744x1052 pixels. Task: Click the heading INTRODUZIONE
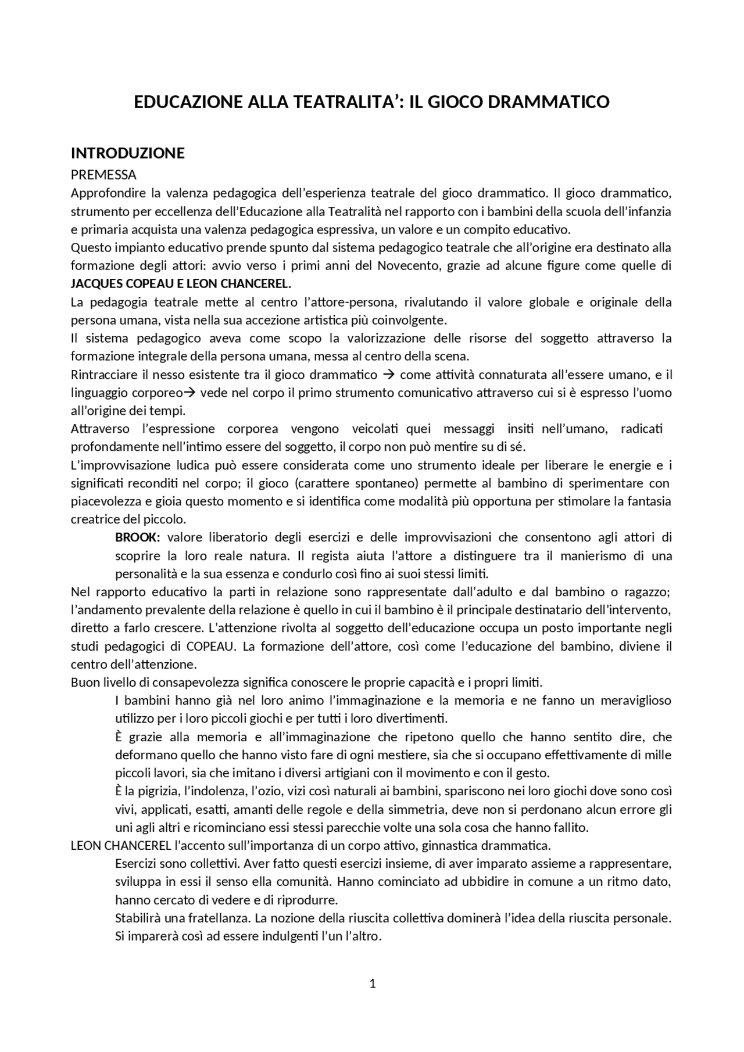(x=127, y=153)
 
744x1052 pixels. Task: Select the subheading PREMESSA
(x=103, y=175)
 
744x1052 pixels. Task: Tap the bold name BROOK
(x=137, y=537)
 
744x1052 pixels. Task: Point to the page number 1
(x=373, y=984)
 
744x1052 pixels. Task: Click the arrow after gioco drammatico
(x=388, y=375)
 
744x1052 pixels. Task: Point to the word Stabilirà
(x=138, y=919)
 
